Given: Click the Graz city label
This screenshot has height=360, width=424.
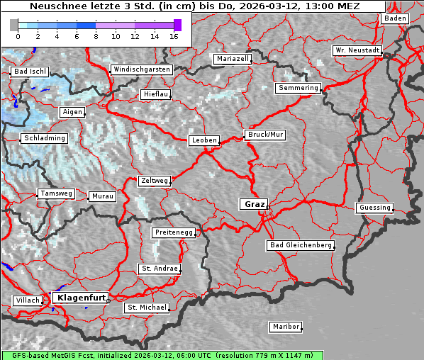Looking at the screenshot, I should click(x=254, y=204).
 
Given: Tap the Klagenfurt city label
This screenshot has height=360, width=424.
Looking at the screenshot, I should click(x=81, y=298).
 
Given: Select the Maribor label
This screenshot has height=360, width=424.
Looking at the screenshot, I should click(x=286, y=327).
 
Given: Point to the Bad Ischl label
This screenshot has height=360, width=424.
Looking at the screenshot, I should click(x=30, y=72).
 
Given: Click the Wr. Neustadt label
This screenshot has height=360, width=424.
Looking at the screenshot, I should click(x=357, y=51).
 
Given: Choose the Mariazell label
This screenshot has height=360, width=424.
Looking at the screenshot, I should click(x=233, y=59).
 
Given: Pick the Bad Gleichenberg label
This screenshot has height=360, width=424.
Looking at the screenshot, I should click(x=300, y=245).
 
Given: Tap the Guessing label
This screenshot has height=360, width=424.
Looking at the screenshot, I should click(x=374, y=208).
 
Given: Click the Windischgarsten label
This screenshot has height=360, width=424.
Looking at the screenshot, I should click(x=141, y=69).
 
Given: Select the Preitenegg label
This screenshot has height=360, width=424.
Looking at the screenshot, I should click(x=172, y=232).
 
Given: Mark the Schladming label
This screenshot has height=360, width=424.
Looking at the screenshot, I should click(x=44, y=138).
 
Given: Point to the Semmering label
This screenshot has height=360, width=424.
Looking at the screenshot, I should click(x=299, y=88).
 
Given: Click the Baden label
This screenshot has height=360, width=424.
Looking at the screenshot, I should click(x=395, y=18).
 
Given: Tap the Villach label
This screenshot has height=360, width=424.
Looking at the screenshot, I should click(x=27, y=300).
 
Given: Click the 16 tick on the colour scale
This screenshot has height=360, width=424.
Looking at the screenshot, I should click(x=174, y=35).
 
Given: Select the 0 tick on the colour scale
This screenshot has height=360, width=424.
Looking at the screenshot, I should click(x=18, y=35).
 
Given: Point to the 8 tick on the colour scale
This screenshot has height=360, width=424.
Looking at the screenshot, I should click(x=96, y=35).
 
